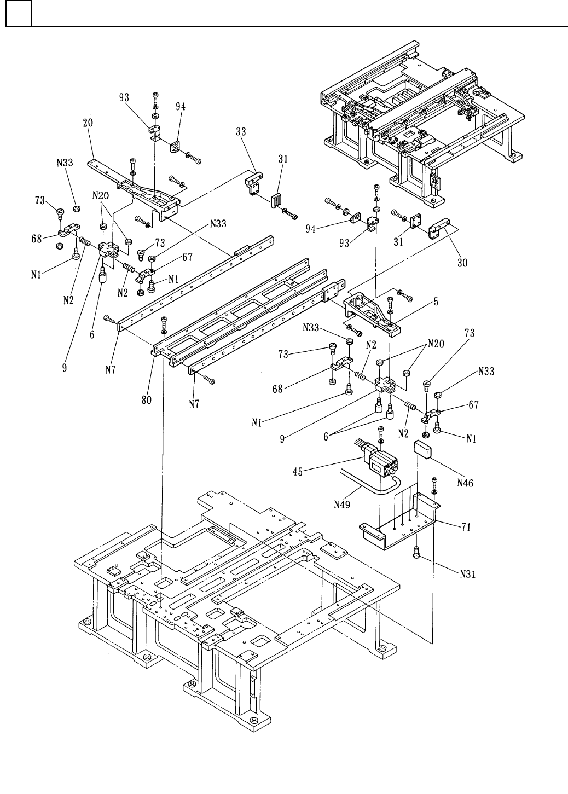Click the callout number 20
coord(88,123)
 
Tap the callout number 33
coord(241,131)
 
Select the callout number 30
coord(462,263)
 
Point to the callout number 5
coord(436,302)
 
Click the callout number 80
coord(147,400)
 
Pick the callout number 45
coord(298,472)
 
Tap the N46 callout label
coord(465,483)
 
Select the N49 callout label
coord(342,505)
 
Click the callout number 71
coord(466,528)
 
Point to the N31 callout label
coord(468,574)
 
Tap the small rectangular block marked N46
coord(424,450)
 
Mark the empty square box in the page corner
coord(19,14)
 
